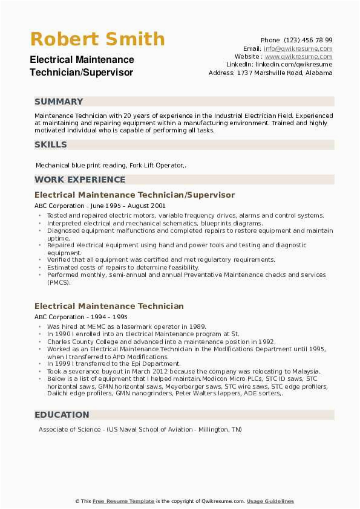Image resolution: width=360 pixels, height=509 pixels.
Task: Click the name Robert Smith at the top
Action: point(97,39)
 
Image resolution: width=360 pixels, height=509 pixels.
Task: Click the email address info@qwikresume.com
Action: point(298,48)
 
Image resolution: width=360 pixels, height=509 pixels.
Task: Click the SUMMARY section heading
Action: point(59,102)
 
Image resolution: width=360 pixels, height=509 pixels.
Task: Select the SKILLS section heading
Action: point(51,144)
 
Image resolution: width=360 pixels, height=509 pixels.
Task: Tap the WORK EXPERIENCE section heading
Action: point(80,180)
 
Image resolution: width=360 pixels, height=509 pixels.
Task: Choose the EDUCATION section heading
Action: point(62,415)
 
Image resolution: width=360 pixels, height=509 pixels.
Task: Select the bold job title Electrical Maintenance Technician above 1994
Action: point(109,306)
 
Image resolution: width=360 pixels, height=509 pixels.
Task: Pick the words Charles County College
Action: point(83,342)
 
